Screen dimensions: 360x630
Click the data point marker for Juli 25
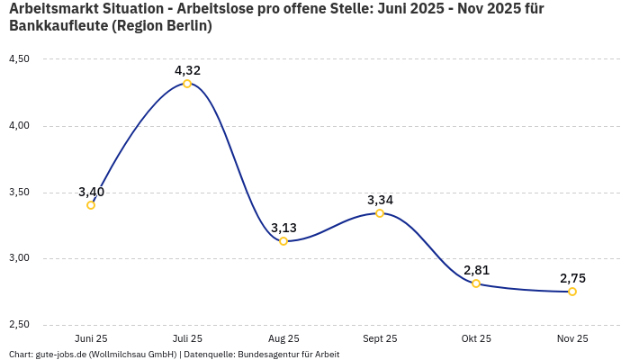pos(187,84)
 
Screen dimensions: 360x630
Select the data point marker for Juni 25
pos(91,205)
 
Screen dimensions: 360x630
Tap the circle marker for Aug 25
pos(283,241)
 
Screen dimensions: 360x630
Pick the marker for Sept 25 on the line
pos(380,213)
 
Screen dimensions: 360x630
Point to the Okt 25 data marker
pos(476,283)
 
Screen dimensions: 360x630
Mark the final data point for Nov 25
pos(572,292)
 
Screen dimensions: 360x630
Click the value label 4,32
pos(187,70)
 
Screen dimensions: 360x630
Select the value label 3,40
pos(91,192)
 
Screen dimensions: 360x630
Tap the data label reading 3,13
pos(283,228)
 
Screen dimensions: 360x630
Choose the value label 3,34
pos(380,200)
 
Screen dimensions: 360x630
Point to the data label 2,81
pos(476,270)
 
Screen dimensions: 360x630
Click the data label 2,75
pos(572,278)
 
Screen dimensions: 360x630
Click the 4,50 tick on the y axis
pos(19,59)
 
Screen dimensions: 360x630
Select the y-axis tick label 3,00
pos(19,258)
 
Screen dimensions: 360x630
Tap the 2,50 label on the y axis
pos(19,325)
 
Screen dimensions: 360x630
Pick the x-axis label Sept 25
pos(380,339)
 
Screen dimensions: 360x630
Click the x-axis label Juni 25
pos(91,339)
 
